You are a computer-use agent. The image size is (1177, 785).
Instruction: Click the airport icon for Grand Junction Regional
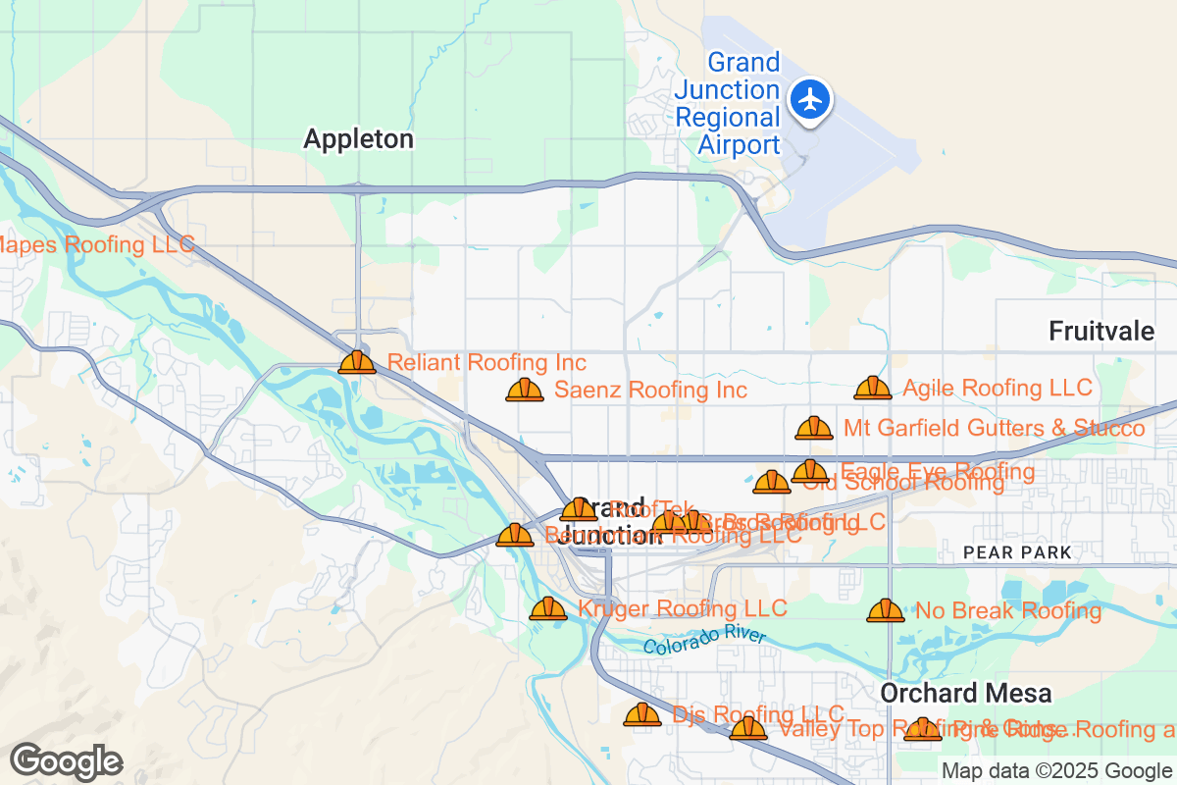tap(810, 99)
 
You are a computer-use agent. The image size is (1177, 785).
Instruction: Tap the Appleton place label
tap(358, 139)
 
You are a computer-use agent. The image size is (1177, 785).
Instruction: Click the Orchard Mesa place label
tap(965, 693)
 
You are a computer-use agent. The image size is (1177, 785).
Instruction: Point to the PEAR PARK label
tap(1017, 553)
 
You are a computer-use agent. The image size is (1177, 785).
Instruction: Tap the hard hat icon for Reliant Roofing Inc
tap(357, 362)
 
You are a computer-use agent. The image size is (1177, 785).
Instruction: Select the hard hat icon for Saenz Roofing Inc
tap(525, 390)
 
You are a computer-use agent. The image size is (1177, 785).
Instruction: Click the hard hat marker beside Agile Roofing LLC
tap(872, 388)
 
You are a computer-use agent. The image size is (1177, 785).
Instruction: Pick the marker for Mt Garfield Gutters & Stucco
tap(813, 428)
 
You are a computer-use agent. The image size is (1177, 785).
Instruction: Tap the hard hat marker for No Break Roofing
tap(885, 610)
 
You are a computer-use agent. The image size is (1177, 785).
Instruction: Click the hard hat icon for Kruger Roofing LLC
tap(547, 608)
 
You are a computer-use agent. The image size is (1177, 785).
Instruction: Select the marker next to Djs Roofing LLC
tap(642, 714)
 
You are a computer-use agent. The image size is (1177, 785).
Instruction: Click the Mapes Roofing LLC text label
tap(96, 244)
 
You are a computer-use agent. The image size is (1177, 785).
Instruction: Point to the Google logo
tap(66, 761)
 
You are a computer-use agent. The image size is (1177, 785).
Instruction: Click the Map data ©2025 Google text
tap(1056, 770)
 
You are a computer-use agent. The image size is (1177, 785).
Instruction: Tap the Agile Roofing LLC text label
tap(997, 388)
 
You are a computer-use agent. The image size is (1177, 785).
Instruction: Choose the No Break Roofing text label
tap(1007, 610)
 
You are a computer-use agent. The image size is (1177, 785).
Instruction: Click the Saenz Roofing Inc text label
tap(650, 390)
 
